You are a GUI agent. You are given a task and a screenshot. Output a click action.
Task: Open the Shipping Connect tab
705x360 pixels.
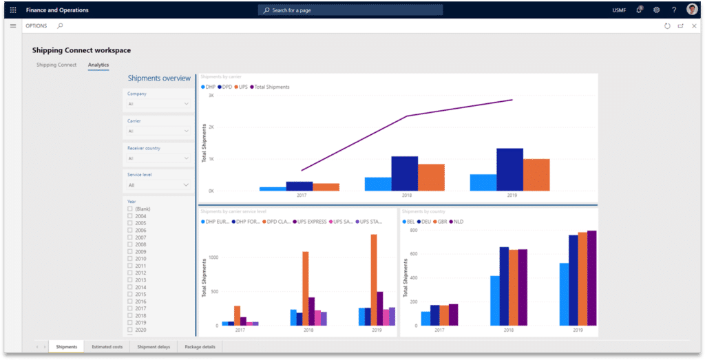(x=56, y=65)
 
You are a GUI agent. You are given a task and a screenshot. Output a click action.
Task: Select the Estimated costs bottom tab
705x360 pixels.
(x=107, y=347)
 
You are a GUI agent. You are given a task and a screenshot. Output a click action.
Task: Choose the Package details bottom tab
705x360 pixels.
(x=200, y=347)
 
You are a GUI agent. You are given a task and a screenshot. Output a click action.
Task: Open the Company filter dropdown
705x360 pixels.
(x=158, y=104)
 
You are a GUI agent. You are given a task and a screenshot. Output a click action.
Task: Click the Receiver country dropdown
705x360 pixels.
(x=158, y=158)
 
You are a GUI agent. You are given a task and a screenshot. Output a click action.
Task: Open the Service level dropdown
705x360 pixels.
(x=158, y=185)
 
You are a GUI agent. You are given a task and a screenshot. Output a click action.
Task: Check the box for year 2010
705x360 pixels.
(x=130, y=259)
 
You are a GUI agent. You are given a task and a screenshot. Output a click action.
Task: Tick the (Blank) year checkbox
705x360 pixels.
(x=130, y=209)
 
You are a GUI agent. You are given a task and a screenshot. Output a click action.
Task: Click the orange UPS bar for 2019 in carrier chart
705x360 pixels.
(x=536, y=175)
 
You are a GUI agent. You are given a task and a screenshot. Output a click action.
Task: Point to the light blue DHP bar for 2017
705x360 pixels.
(x=273, y=189)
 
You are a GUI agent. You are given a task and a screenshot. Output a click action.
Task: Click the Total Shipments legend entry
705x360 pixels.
(x=271, y=87)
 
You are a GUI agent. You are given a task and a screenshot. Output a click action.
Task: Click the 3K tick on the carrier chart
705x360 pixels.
(x=211, y=96)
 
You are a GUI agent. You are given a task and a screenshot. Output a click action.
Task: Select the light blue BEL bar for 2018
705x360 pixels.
(x=494, y=300)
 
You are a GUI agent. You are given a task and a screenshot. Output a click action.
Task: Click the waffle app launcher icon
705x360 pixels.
(x=13, y=10)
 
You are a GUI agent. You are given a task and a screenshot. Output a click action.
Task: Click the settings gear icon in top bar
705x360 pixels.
(x=656, y=10)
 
